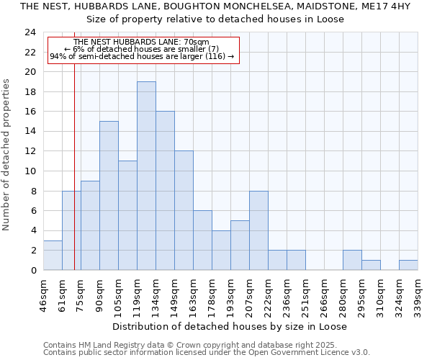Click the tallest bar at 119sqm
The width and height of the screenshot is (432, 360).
point(146,176)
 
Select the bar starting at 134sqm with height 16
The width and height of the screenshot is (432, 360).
point(165,191)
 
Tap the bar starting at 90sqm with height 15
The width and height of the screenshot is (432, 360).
point(109,195)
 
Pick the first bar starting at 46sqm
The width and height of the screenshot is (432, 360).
point(53,255)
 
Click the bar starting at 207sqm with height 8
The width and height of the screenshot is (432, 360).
point(258,230)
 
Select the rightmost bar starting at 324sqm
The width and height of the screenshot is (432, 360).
point(408,265)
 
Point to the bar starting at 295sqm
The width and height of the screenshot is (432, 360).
point(371,265)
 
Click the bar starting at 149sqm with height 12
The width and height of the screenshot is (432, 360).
point(184,210)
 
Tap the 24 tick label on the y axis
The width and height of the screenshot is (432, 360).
point(30,32)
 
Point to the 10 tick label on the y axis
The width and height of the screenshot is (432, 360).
point(30,171)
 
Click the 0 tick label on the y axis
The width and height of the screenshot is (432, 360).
point(32,271)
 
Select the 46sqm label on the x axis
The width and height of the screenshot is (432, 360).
point(43,294)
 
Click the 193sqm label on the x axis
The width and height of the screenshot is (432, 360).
point(230,294)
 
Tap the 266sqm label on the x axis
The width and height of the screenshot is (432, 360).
point(324,294)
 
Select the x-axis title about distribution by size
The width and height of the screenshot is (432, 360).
point(230,326)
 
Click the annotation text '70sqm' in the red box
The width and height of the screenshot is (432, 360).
point(195,42)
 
